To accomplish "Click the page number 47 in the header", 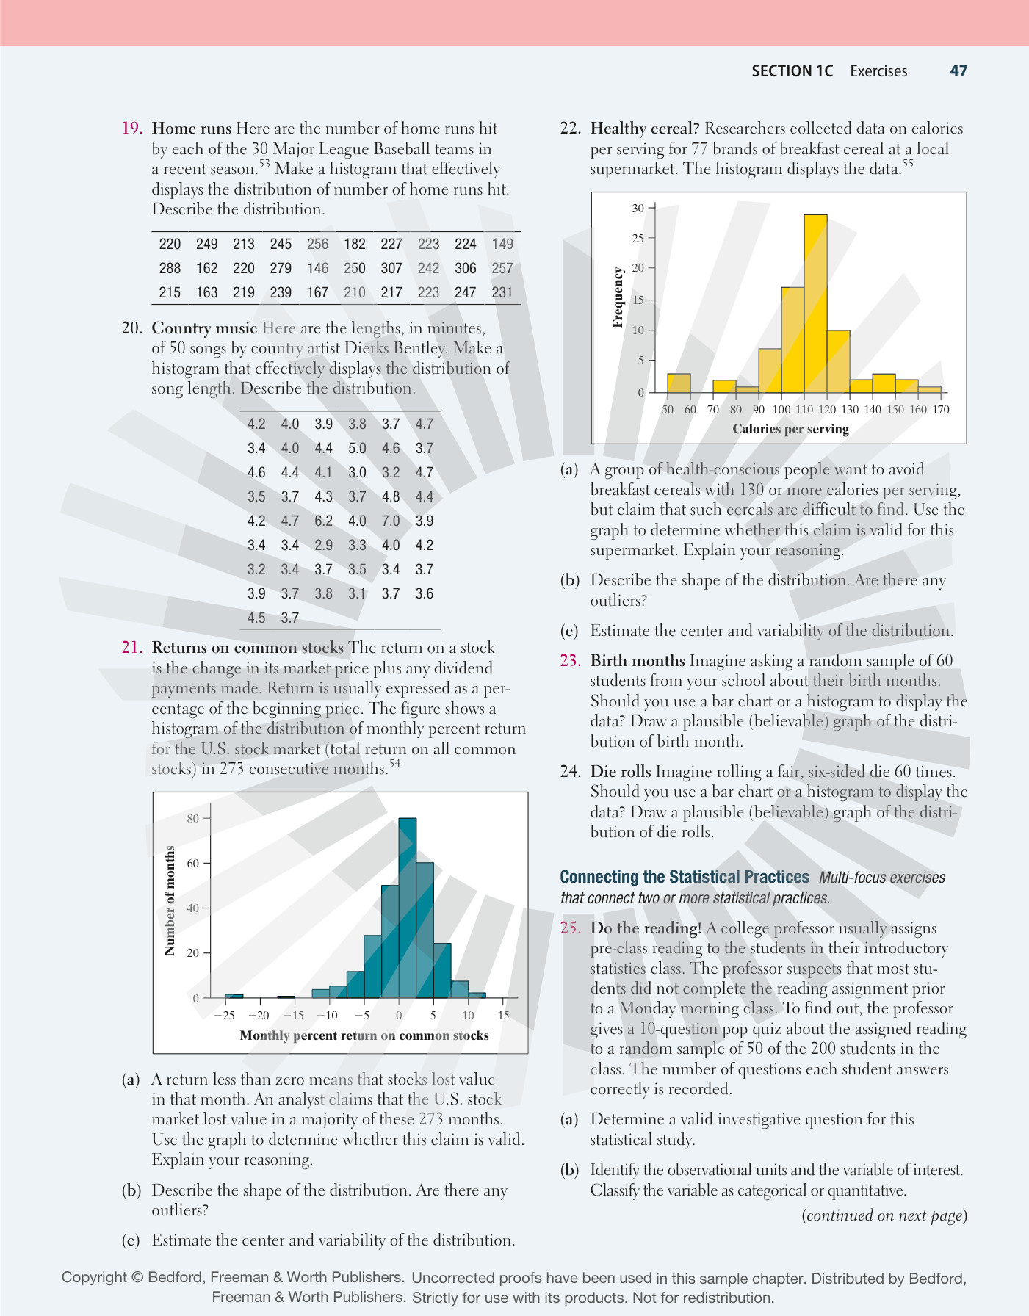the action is point(958,70).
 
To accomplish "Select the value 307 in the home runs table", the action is point(391,268).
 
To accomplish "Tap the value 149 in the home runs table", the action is point(502,244).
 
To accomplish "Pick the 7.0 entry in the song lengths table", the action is point(391,521).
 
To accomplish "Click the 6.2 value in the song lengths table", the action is point(323,521).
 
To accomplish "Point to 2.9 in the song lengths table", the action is point(323,545).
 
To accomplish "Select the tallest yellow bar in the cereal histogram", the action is point(815,303).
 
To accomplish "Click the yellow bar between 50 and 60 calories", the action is point(679,383).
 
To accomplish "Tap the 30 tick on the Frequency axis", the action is point(638,209).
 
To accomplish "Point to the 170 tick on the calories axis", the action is point(941,409).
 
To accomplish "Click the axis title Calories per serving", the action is point(790,429).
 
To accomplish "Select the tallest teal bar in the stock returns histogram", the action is point(408,908).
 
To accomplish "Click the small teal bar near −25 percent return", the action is point(234,996).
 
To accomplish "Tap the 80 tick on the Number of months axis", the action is point(193,818).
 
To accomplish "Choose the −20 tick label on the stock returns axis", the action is point(259,1015).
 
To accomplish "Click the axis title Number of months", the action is point(170,900).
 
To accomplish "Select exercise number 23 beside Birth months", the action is point(570,660).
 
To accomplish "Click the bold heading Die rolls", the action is point(621,771).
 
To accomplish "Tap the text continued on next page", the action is point(884,1215).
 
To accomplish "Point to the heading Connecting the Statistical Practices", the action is point(685,877).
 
